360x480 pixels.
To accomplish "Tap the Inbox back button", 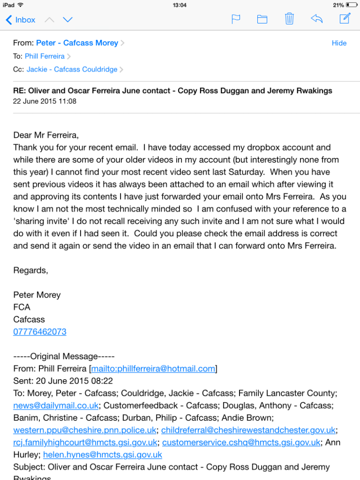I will point(20,20).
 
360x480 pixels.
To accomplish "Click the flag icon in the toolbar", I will point(236,19).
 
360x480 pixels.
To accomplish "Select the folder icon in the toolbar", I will point(262,19).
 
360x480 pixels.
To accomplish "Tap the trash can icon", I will point(289,19).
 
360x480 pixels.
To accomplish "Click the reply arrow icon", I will point(316,19).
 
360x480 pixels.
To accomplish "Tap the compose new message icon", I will point(345,19).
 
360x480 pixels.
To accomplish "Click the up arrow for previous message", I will point(49,20).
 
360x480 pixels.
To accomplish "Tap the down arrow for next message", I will point(68,20).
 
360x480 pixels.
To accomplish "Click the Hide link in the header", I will point(339,43).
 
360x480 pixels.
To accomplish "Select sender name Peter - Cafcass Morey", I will point(77,43).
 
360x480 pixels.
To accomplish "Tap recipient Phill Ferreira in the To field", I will point(45,56).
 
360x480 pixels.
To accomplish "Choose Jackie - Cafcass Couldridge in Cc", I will point(72,70).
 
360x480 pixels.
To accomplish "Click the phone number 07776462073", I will point(40,332).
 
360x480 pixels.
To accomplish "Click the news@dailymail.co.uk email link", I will point(56,406).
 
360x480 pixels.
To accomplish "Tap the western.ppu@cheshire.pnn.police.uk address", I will point(85,430).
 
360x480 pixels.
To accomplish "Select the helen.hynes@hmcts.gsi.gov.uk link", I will point(103,455).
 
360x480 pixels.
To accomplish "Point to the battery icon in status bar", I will point(352,5).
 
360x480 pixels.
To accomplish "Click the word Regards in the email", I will point(30,270).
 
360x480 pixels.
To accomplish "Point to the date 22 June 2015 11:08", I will point(45,101).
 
